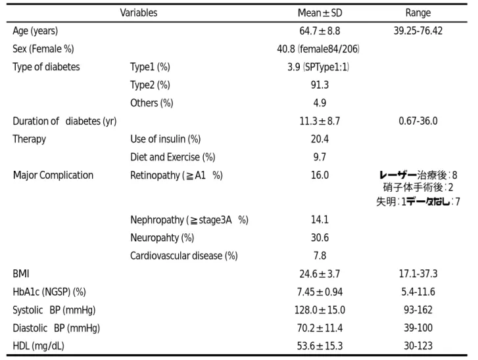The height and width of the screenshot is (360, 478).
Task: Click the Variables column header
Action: point(139,12)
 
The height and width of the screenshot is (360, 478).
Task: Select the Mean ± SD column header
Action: point(320,12)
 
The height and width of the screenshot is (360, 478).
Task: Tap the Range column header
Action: point(418,12)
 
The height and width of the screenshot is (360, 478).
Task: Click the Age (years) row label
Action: point(36,31)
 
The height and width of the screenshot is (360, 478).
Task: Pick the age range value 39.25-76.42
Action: point(418,31)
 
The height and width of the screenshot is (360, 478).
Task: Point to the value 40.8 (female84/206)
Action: point(318,49)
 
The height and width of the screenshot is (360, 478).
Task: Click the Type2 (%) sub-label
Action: point(150,85)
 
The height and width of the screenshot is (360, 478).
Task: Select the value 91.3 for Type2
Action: point(320,85)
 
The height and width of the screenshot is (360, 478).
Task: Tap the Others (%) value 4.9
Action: point(320,103)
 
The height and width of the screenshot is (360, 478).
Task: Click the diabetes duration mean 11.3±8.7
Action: point(320,122)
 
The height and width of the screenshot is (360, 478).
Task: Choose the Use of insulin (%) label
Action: point(166,139)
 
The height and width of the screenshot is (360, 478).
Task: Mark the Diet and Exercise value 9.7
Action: point(320,157)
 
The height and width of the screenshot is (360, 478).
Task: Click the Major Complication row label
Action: point(53,175)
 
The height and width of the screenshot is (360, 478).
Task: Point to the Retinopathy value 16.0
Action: point(320,175)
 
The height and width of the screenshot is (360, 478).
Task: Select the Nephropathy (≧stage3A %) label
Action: point(189,220)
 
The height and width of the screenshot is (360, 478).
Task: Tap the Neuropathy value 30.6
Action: point(320,238)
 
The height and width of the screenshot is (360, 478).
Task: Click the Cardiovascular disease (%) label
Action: point(184,256)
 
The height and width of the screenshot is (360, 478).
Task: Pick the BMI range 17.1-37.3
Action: point(418,274)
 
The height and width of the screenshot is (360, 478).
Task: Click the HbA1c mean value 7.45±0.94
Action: point(320,292)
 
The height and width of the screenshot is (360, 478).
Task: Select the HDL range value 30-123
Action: point(418,346)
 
